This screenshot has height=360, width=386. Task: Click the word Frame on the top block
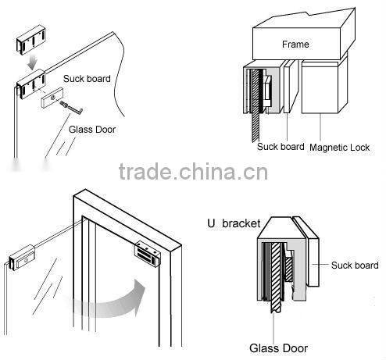[295, 45]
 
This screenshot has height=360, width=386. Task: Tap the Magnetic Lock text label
[338, 146]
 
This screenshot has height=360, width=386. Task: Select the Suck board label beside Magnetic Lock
[281, 146]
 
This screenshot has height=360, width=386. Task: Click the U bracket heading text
[234, 223]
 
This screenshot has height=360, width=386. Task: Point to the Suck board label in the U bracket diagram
[354, 266]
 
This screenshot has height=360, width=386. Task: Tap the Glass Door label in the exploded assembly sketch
[91, 128]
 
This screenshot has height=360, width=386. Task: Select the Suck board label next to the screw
[86, 79]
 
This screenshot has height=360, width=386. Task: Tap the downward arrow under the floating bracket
[29, 59]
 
